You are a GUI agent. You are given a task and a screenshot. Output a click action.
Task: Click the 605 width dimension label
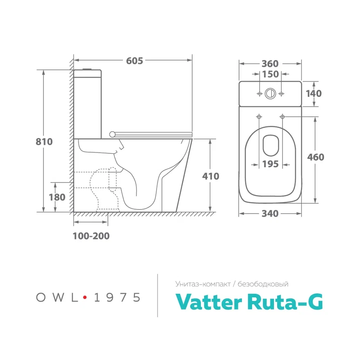(134, 61)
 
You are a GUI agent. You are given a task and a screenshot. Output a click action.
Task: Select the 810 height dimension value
(45, 142)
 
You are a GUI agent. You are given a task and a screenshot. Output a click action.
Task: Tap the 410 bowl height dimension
(211, 176)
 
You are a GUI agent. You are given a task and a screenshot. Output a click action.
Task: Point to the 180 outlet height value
(57, 197)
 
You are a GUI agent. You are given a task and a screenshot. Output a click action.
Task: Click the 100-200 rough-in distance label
(91, 236)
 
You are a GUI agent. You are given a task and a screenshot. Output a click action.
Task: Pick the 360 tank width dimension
(270, 64)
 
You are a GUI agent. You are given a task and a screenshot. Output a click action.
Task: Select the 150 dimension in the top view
(270, 74)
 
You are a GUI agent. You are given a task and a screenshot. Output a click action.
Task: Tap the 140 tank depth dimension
(314, 93)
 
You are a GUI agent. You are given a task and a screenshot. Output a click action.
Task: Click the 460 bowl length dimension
(315, 157)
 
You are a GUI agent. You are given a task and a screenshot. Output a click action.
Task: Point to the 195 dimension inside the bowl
(270, 164)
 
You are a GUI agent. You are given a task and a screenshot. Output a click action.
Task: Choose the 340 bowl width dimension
(270, 214)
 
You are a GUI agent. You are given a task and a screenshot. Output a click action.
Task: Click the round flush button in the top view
(270, 93)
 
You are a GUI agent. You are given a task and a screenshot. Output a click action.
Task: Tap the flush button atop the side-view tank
(86, 68)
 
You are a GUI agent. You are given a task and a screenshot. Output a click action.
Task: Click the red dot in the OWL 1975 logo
(85, 298)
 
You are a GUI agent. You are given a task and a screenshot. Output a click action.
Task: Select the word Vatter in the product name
(207, 302)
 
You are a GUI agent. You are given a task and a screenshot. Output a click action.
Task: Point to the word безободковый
(267, 284)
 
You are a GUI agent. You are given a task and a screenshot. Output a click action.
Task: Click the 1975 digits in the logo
(117, 298)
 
